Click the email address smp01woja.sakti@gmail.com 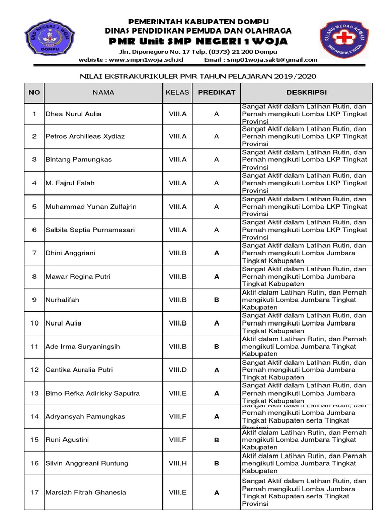pyautogui.click(x=273, y=60)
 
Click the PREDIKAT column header pyautogui.click(x=216, y=93)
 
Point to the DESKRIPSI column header pyautogui.click(x=306, y=93)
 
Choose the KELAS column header pyautogui.click(x=177, y=93)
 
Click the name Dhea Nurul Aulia pyautogui.click(x=73, y=114)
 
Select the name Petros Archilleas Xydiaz pyautogui.click(x=85, y=137)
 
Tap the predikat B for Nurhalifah pyautogui.click(x=217, y=300)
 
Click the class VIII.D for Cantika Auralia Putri pyautogui.click(x=178, y=370)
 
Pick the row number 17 pyautogui.click(x=35, y=492)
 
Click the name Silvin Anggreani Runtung pyautogui.click(x=87, y=463)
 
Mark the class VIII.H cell pyautogui.click(x=178, y=463)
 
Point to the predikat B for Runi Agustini pyautogui.click(x=217, y=440)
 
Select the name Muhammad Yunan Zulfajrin pyautogui.click(x=91, y=207)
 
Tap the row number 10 pyautogui.click(x=35, y=323)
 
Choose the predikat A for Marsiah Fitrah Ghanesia pyautogui.click(x=217, y=492)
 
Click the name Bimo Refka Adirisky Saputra pyautogui.click(x=92, y=394)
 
